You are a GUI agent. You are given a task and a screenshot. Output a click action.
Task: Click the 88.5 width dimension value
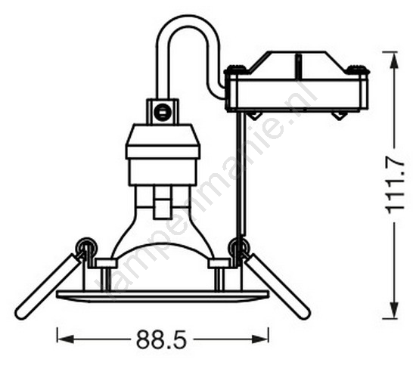(162, 339)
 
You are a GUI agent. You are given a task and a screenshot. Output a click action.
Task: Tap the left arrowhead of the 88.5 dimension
(65, 339)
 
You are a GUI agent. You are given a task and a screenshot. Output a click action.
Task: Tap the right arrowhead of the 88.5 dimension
(260, 339)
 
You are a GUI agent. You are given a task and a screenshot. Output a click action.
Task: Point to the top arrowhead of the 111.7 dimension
(396, 60)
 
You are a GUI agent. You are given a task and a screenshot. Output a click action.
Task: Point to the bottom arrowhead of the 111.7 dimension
(396, 311)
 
